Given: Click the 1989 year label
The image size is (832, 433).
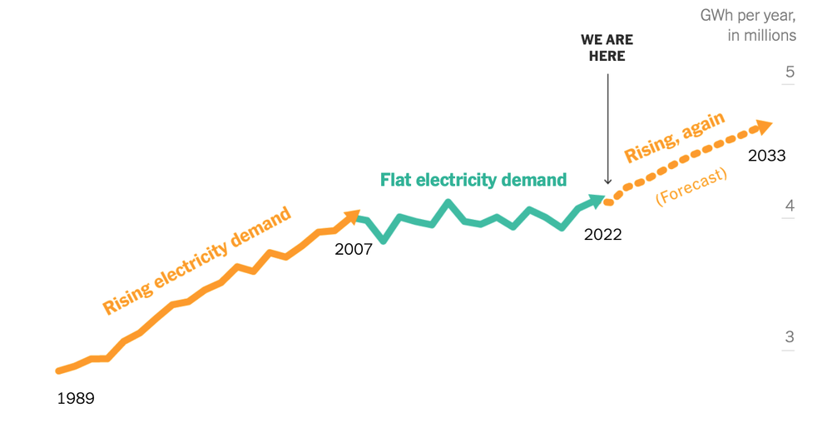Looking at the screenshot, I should (76, 398).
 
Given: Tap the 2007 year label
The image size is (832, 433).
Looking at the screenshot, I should (354, 249).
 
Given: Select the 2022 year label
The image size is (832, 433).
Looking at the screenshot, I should (602, 235).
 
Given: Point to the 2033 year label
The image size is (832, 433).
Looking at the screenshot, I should (767, 156).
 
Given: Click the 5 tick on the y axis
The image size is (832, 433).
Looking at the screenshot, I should (790, 72).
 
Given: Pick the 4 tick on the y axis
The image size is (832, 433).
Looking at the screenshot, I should (790, 206).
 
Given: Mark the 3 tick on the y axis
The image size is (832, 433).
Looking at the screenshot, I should (790, 337).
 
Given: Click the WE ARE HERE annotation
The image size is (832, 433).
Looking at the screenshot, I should (608, 47).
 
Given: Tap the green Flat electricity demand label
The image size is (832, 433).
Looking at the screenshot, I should (473, 180).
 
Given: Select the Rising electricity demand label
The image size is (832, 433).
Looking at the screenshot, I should (197, 260).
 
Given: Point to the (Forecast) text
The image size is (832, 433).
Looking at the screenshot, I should (691, 187).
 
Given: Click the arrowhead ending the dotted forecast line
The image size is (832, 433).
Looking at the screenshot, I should (762, 126).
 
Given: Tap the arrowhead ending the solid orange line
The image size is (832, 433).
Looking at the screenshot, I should (353, 216).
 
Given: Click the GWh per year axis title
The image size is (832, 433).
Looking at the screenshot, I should (748, 25).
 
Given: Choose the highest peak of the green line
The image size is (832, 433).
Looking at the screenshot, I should (448, 202).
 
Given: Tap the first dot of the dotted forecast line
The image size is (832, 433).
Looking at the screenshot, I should (609, 202).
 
